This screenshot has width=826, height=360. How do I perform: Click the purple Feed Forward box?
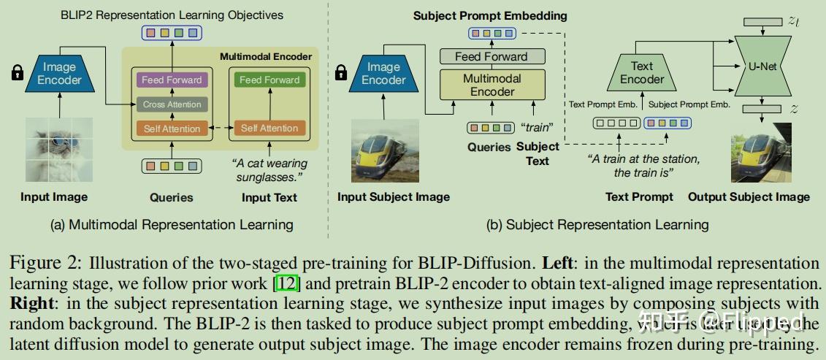[172, 80]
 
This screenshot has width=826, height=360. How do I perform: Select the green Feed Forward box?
[269, 80]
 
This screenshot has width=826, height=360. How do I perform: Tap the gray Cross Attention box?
[172, 104]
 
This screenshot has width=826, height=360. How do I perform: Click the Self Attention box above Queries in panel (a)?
[172, 129]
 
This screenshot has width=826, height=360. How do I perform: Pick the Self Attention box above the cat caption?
[269, 129]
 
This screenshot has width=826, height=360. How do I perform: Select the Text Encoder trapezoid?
[642, 72]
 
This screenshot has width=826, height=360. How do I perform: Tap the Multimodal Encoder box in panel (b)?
[492, 85]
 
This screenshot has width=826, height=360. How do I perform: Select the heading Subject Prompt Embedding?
[490, 15]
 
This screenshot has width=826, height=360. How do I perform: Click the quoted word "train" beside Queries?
[537, 127]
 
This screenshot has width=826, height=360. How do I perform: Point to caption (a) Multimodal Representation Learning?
[172, 224]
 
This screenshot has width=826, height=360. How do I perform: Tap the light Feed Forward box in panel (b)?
[492, 56]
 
